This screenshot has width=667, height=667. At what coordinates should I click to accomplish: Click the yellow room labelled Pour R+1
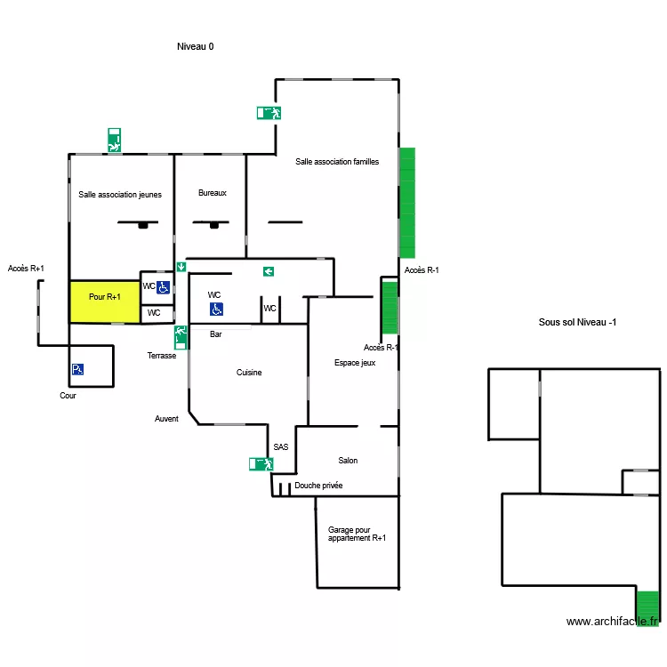[105, 301]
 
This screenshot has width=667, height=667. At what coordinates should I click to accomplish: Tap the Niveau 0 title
[196, 47]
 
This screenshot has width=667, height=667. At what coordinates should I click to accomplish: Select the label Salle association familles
[337, 162]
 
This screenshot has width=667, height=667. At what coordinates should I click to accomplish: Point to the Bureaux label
[213, 193]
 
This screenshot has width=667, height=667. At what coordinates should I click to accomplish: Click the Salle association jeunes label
[120, 195]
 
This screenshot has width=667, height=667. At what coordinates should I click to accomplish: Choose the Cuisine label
[249, 373]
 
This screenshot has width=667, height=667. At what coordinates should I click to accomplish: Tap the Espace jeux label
[355, 363]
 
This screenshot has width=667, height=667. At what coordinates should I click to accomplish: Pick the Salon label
[348, 461]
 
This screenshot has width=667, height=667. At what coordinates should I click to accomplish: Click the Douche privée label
[318, 486]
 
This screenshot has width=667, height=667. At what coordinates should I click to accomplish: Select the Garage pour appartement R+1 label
[357, 534]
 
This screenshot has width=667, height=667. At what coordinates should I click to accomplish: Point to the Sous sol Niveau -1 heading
[578, 322]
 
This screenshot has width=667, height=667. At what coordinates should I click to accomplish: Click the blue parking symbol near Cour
[77, 369]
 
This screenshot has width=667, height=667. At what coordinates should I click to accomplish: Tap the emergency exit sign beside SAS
[261, 463]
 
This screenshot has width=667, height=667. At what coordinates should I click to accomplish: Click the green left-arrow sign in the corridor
[268, 271]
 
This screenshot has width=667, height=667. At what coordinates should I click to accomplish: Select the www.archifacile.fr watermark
[614, 622]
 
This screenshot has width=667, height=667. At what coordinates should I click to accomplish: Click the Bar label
[216, 335]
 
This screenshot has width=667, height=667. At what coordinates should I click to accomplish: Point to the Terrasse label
[162, 355]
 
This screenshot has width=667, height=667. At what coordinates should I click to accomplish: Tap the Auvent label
[166, 419]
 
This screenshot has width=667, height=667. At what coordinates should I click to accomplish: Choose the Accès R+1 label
[26, 269]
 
